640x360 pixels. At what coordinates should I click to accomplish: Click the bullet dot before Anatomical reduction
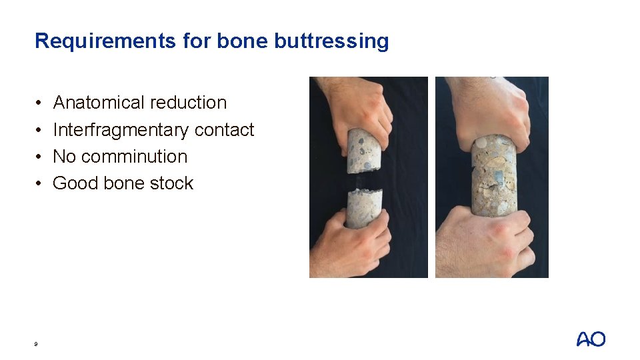pyautogui.click(x=39, y=103)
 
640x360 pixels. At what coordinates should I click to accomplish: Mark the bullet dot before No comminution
pyautogui.click(x=39, y=157)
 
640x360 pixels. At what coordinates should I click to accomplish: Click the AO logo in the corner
pyautogui.click(x=591, y=339)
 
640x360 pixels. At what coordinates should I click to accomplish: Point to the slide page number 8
pyautogui.click(x=36, y=344)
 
